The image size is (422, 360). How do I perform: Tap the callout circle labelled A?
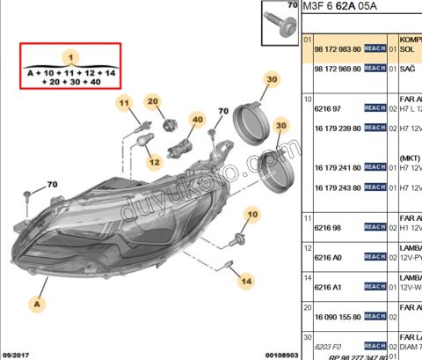click(x=38, y=304)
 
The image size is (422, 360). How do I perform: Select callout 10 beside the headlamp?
click(x=253, y=214)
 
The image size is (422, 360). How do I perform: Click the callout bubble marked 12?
click(x=154, y=161)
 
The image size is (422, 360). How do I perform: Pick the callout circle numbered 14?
click(x=246, y=282)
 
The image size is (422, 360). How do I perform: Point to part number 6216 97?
click(x=326, y=107)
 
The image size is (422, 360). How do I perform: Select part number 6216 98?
click(x=326, y=226)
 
